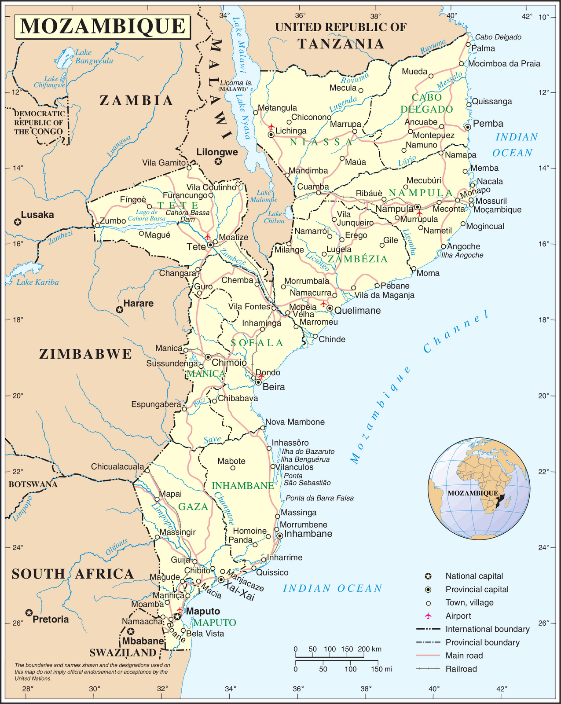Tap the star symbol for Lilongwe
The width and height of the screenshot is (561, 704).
218,162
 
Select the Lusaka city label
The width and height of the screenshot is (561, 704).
37,215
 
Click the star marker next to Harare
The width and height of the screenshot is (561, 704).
119,310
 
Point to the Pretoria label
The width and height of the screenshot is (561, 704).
51,619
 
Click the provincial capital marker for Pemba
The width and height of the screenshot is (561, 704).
468,127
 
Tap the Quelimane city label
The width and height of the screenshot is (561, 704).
358,311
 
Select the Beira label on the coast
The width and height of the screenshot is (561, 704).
274,387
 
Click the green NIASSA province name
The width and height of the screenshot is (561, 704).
321,142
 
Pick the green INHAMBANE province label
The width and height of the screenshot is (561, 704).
243,486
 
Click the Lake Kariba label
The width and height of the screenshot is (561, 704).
38,282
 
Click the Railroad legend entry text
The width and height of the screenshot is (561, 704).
461,669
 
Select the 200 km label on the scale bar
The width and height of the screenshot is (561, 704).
369,649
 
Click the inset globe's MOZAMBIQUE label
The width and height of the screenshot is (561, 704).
473,493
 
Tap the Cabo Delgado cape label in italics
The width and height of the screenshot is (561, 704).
498,37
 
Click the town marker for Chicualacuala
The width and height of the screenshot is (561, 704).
147,470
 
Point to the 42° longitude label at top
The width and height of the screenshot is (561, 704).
527,17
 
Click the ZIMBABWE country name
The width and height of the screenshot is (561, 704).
86,354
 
